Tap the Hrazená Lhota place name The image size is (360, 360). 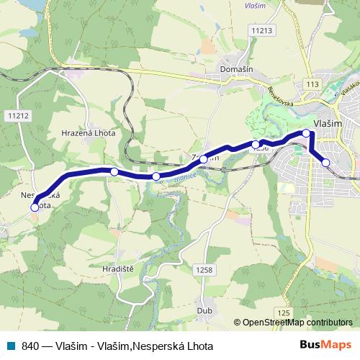pyautogui.click(x=89, y=134)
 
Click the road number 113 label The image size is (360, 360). pyautogui.click(x=312, y=85)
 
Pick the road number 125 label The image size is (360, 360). pyautogui.click(x=283, y=313)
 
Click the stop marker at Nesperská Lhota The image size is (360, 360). pyautogui.click(x=35, y=207)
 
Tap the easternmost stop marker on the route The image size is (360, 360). pyautogui.click(x=325, y=163)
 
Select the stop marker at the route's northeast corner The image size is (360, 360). pyautogui.click(x=306, y=133)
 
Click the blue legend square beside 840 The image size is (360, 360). pyautogui.click(x=12, y=346)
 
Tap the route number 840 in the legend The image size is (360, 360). pyautogui.click(x=30, y=346)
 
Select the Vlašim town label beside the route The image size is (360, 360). pyautogui.click(x=328, y=124)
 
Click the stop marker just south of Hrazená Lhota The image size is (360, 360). pyautogui.click(x=114, y=171)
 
